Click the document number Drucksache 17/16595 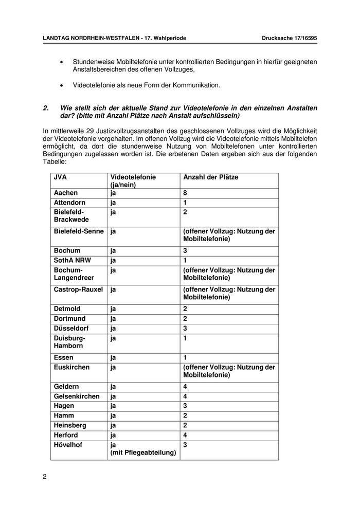click(x=289, y=38)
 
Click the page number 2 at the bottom click(x=45, y=476)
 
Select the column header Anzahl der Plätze click(x=211, y=177)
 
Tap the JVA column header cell click(x=60, y=177)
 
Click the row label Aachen click(x=66, y=193)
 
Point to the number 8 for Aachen click(x=185, y=193)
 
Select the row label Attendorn click(x=69, y=203)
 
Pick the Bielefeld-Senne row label click(x=79, y=231)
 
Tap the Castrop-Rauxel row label click(x=78, y=289)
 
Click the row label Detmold click(x=67, y=309)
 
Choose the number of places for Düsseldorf click(x=185, y=329)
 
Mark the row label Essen click(x=64, y=357)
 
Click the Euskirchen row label click(x=71, y=367)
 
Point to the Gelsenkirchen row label click(x=77, y=396)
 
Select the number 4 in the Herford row click(x=185, y=435)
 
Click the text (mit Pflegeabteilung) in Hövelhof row click(x=143, y=452)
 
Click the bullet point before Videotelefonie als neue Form click(x=62, y=85)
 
